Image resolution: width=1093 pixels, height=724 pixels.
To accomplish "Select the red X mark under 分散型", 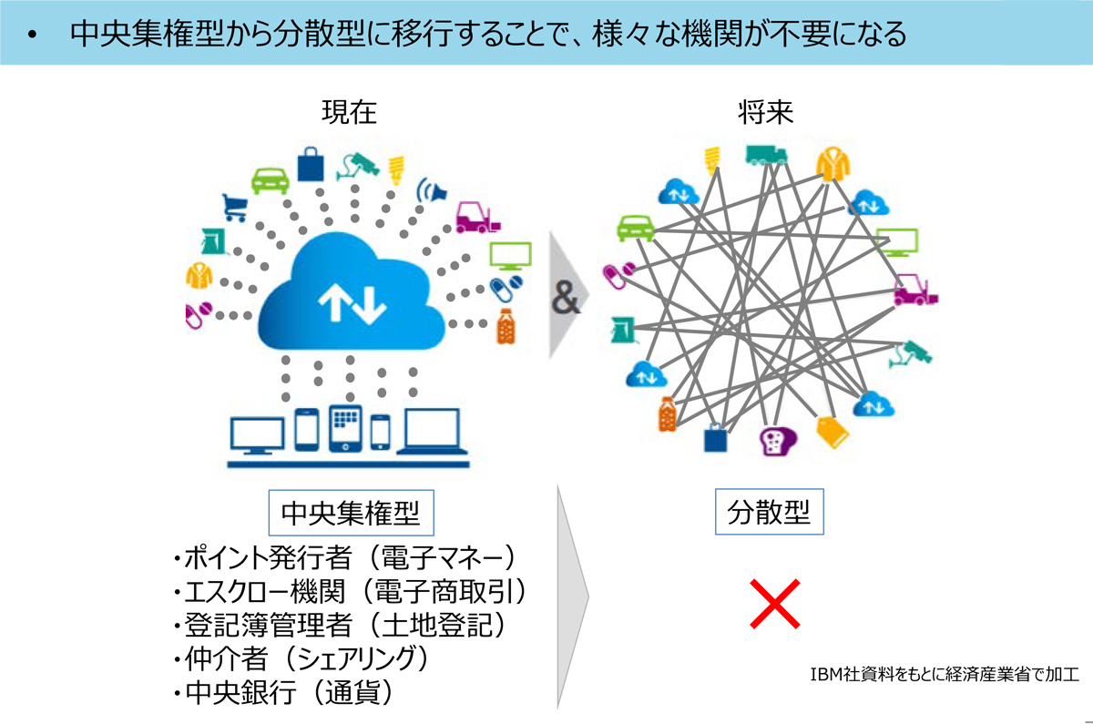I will point(774,603).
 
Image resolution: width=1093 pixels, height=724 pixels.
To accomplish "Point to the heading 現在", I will point(349,114).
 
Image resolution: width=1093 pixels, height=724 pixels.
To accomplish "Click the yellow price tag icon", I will point(832,431).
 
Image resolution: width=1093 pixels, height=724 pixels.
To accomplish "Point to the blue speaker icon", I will point(433,191).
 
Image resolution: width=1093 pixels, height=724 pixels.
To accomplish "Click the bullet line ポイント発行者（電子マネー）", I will point(348,558).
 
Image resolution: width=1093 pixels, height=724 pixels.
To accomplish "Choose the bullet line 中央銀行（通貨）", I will point(284,693).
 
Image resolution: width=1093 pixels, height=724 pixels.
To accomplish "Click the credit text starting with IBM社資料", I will point(944,675).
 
